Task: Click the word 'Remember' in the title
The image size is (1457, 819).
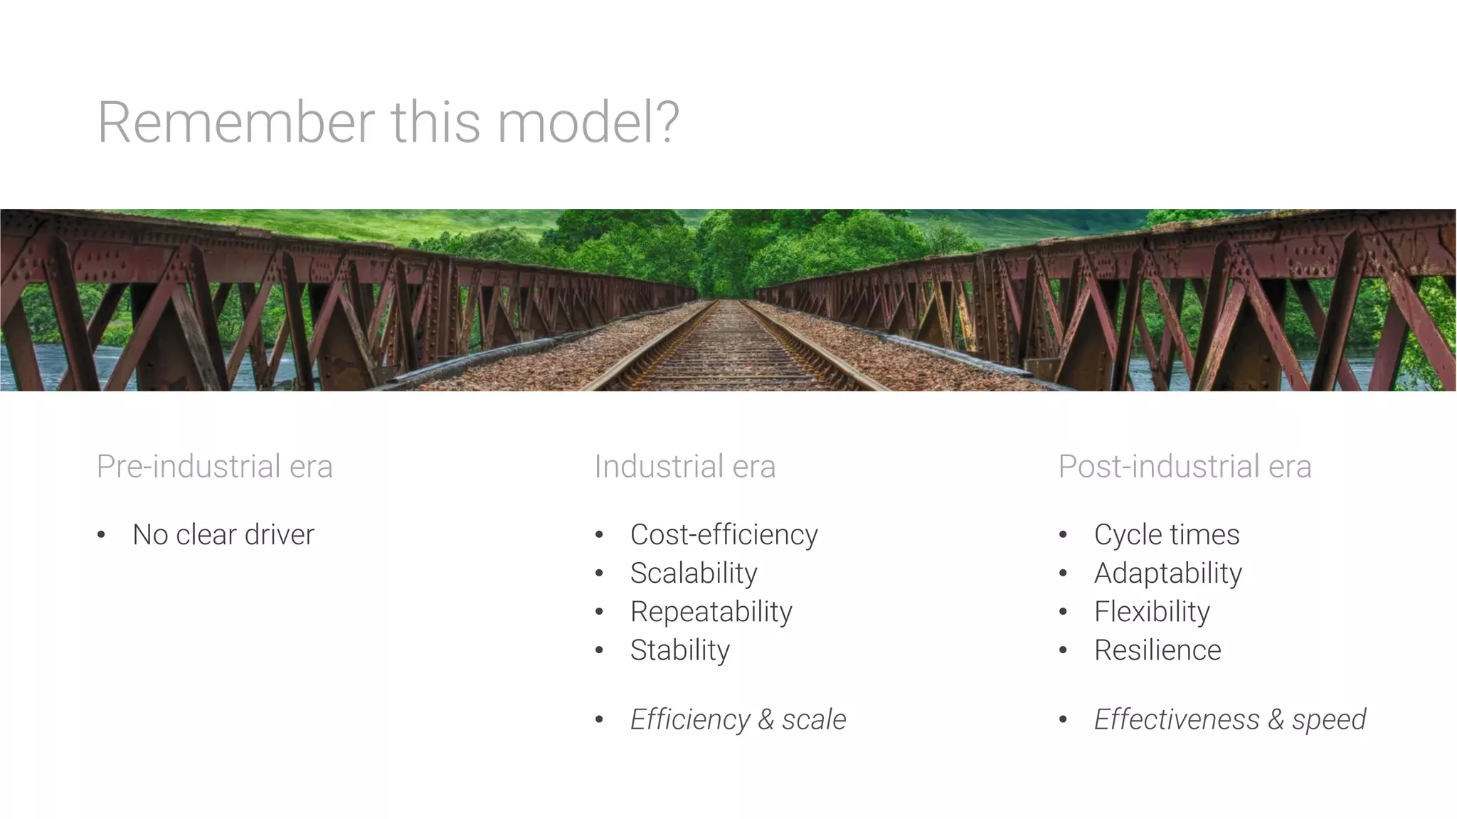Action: (x=235, y=122)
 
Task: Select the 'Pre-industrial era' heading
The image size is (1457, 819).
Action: (x=214, y=467)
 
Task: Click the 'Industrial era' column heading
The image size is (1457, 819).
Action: (x=684, y=467)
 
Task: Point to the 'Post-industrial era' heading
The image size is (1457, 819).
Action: (x=1185, y=467)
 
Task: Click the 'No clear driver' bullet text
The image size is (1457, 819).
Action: (x=223, y=535)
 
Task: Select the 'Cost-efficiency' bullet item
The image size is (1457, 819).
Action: (x=724, y=535)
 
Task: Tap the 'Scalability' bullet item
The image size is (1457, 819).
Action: (x=694, y=574)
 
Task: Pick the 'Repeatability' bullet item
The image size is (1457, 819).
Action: (x=711, y=612)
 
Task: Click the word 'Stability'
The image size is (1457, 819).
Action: (x=679, y=650)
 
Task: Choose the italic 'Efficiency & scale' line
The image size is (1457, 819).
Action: (x=738, y=719)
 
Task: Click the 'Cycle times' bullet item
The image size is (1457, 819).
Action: (x=1167, y=535)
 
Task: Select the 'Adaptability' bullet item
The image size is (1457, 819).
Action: (x=1167, y=574)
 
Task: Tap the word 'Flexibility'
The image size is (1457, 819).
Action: (x=1152, y=612)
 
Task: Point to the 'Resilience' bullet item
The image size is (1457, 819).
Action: (x=1157, y=650)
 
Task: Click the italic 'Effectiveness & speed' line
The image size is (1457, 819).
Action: (x=1229, y=719)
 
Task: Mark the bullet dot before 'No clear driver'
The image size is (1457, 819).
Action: (x=102, y=535)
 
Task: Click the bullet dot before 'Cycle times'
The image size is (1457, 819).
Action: (x=1063, y=535)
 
